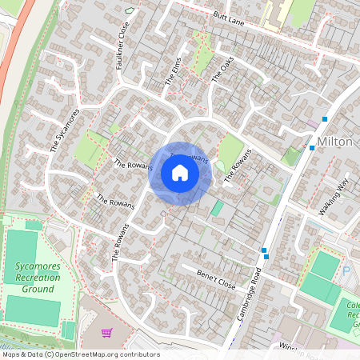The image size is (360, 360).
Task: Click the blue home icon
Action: (180, 173)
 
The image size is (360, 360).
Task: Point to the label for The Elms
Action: (174, 70)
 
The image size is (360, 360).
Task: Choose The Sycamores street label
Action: (65, 130)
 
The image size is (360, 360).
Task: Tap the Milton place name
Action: (335, 142)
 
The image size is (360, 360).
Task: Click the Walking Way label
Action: (335, 197)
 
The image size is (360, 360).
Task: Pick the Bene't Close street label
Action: (216, 278)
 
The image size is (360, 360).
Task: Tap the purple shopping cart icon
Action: (105, 332)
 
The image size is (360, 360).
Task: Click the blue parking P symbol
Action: (346, 271)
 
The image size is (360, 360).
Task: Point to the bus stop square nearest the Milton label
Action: (312, 147)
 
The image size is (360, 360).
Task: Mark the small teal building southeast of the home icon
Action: (218, 208)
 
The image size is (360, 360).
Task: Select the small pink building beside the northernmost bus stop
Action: (312, 123)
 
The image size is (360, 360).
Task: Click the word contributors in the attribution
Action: (139, 354)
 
